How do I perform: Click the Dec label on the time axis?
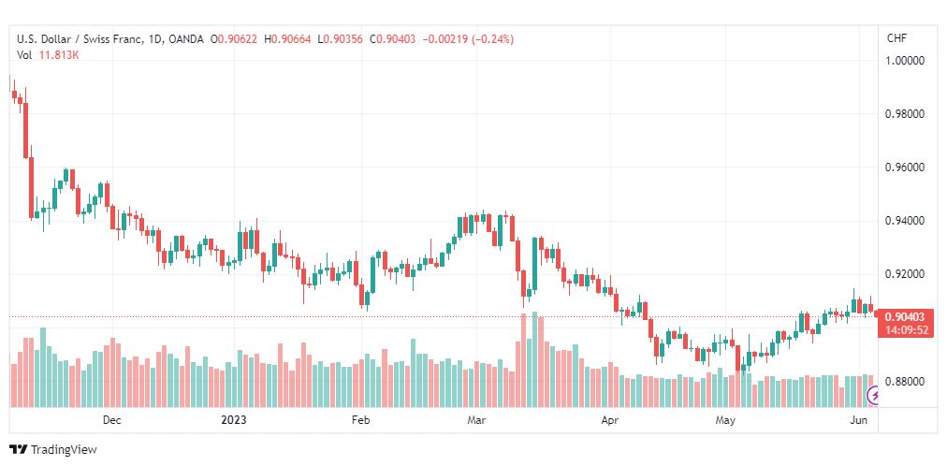pos(111,420)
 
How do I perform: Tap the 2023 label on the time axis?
pos(234,420)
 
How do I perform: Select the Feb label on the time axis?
pos(360,420)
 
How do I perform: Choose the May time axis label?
pos(725,420)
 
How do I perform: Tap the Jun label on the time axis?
pos(859,420)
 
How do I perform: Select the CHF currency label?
pos(896,38)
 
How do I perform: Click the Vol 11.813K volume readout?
pos(49,55)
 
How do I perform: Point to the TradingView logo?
pos(53,450)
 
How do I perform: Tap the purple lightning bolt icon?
pos(873,396)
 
